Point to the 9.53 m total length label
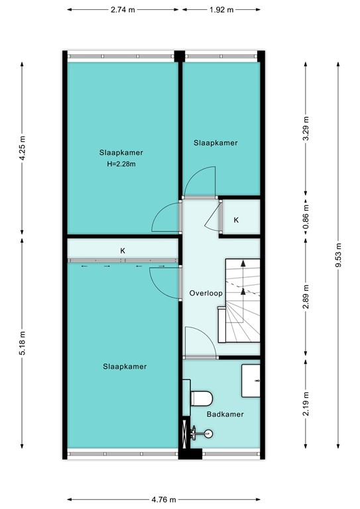[x=338, y=254]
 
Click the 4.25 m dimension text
[x=22, y=148]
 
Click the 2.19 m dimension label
[x=305, y=402]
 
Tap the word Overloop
[x=205, y=292]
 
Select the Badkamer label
[x=225, y=414]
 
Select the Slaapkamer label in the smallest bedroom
[x=215, y=142]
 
